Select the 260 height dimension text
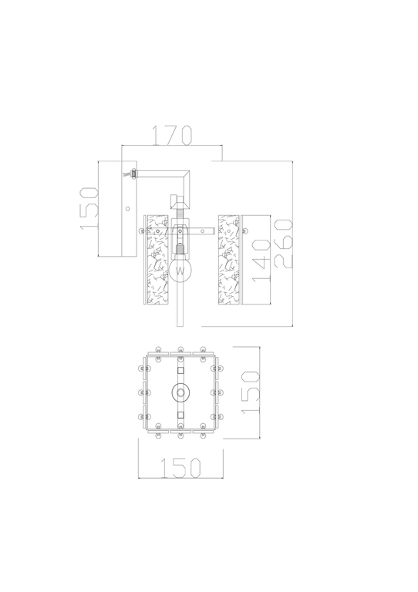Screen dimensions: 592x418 click(x=283, y=243)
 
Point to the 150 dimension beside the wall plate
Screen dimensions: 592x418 click(x=86, y=208)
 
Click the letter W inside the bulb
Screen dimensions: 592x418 click(x=180, y=271)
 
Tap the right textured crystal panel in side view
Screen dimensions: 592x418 click(x=229, y=258)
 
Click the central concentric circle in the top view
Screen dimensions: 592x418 click(x=180, y=393)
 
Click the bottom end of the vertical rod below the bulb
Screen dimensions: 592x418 click(x=180, y=324)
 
